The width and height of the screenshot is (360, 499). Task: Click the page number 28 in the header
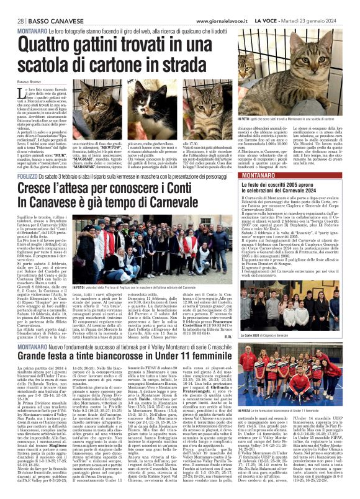[12, 5]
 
